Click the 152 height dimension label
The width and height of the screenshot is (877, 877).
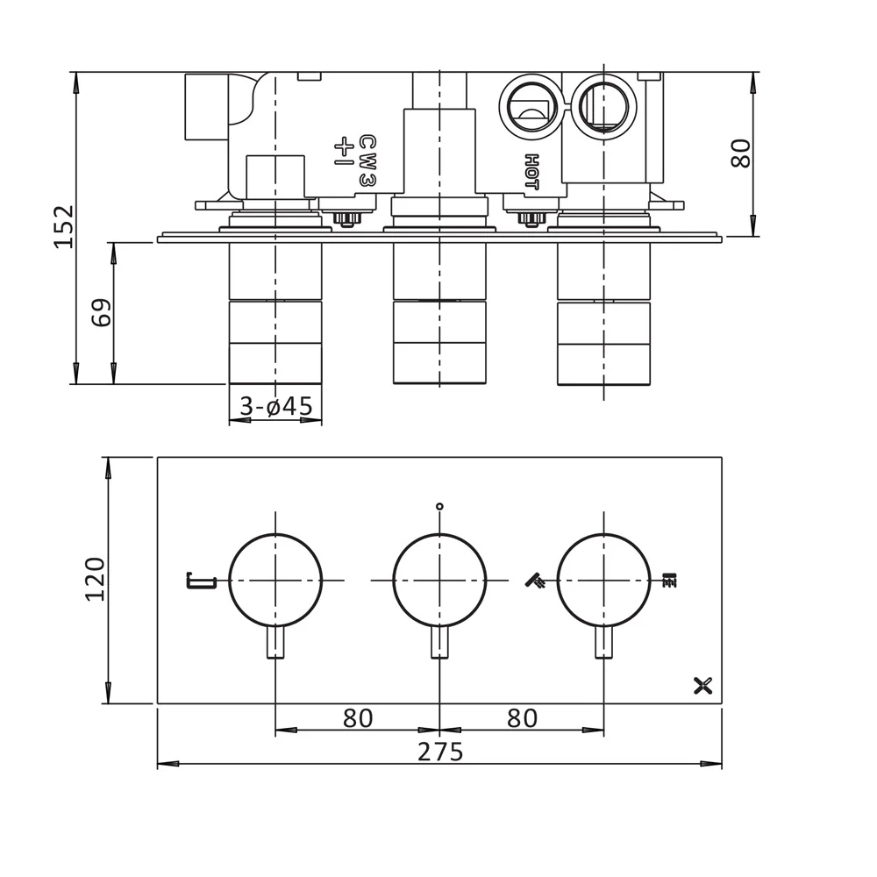point(64,226)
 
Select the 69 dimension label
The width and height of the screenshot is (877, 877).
point(103,312)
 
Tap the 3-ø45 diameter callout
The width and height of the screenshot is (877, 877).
point(275,407)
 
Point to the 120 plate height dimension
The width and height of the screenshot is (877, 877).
point(94,579)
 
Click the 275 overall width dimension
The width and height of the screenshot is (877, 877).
point(439,752)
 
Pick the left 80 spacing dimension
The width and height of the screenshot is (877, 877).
point(358,718)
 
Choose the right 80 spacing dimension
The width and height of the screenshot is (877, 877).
point(522,718)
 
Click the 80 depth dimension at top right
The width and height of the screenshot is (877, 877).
point(741,153)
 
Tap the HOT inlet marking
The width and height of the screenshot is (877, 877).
point(531,172)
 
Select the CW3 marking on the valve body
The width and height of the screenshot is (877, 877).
point(367,160)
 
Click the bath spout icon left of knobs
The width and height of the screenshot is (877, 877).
point(201,580)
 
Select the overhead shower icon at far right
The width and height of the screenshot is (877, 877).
point(670,580)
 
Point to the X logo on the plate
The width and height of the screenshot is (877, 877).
point(702,686)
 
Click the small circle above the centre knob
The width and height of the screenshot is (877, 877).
point(439,506)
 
